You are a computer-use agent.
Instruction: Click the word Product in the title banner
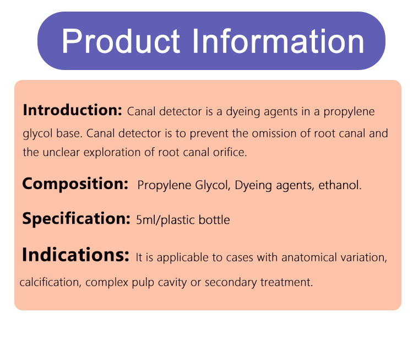tap(121, 41)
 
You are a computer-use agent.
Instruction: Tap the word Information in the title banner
tap(278, 41)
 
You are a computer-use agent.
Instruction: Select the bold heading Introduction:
tap(73, 110)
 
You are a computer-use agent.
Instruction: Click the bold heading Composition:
tap(75, 184)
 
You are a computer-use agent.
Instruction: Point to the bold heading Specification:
tap(77, 219)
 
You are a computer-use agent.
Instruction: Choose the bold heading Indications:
tap(75, 255)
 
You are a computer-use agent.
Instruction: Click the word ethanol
tap(340, 185)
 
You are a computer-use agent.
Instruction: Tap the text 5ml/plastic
tap(165, 220)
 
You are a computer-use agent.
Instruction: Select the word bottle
tap(214, 219)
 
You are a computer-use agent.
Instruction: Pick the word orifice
tap(230, 152)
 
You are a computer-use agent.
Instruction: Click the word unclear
tap(61, 152)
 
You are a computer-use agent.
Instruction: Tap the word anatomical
tap(309, 257)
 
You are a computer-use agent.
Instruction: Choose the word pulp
tap(143, 283)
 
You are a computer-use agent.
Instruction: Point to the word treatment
tap(286, 282)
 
